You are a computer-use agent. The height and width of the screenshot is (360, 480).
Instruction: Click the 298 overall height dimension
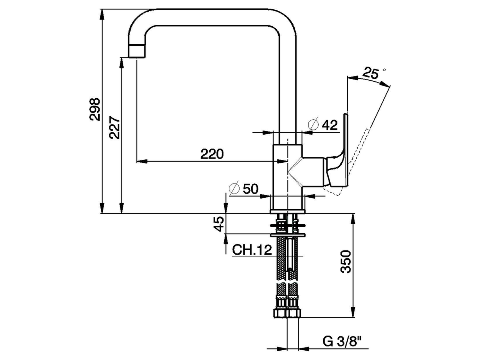pyautogui.click(x=95, y=109)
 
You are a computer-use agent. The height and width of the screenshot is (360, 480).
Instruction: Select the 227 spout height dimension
pyautogui.click(x=115, y=128)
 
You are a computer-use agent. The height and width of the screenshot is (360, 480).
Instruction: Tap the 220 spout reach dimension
pyautogui.click(x=212, y=153)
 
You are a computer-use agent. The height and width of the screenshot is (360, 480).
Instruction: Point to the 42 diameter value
pyautogui.click(x=330, y=125)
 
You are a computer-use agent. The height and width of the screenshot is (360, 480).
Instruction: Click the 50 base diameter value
pyautogui.click(x=250, y=189)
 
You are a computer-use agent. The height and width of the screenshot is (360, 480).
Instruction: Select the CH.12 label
pyautogui.click(x=252, y=250)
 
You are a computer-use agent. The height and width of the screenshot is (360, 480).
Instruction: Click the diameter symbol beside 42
pyautogui.click(x=313, y=124)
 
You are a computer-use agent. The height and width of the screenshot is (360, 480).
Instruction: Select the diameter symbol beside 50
pyautogui.click(x=234, y=189)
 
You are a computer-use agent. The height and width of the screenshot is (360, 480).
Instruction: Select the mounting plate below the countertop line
pyautogui.click(x=288, y=235)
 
